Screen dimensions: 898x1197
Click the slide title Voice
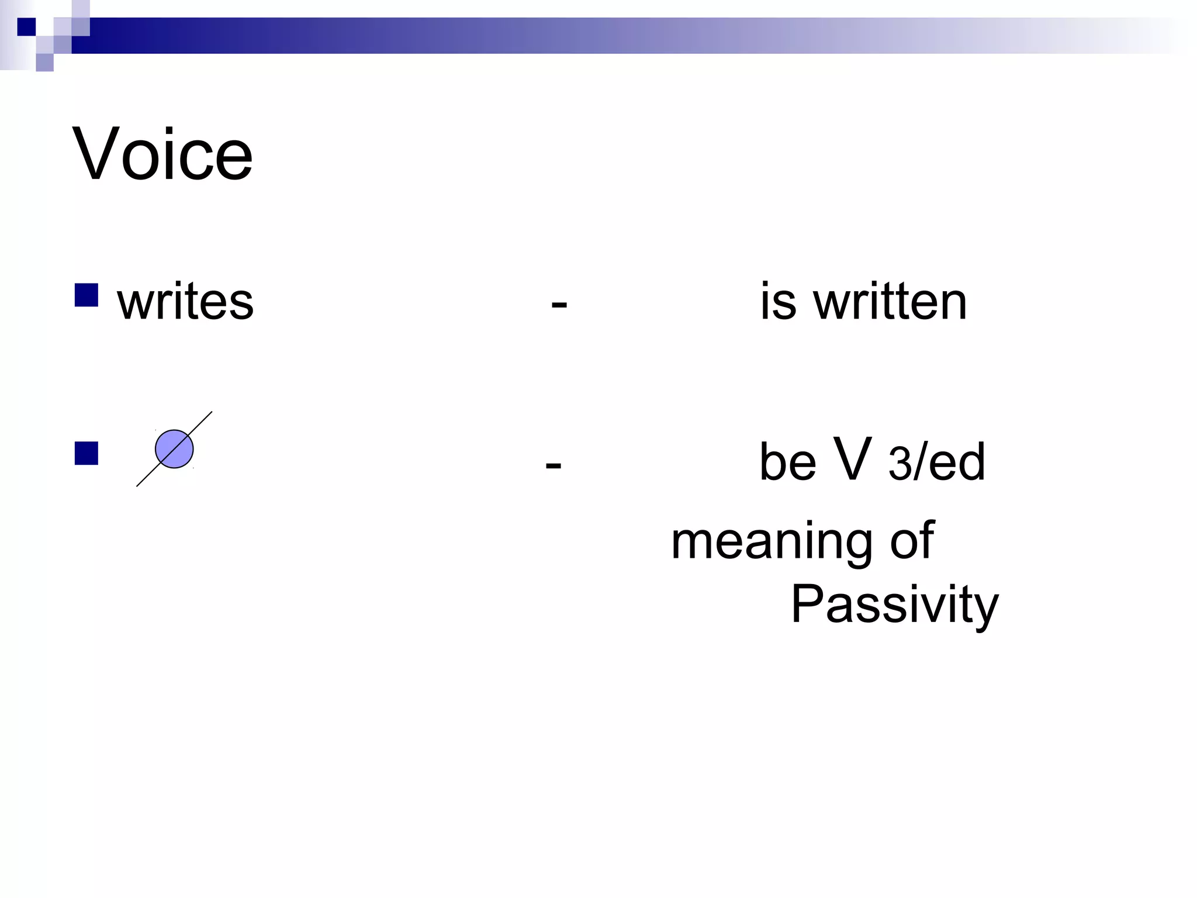tap(162, 154)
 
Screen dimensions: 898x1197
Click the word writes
tap(185, 302)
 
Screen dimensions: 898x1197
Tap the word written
tap(890, 302)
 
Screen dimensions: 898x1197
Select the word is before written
tap(777, 302)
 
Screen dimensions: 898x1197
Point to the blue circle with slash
tap(174, 449)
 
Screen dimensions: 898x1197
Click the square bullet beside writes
tap(87, 295)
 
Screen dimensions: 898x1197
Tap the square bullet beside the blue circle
tap(87, 453)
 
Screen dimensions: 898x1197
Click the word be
tap(787, 462)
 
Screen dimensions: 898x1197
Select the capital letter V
tap(853, 459)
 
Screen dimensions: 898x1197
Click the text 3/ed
tap(936, 463)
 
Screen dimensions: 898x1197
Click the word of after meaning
tap(911, 541)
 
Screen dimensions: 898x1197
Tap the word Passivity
tap(894, 605)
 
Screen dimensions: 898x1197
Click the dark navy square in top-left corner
tap(26, 27)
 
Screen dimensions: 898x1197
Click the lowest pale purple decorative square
tap(44, 63)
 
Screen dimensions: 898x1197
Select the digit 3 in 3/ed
tap(899, 464)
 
